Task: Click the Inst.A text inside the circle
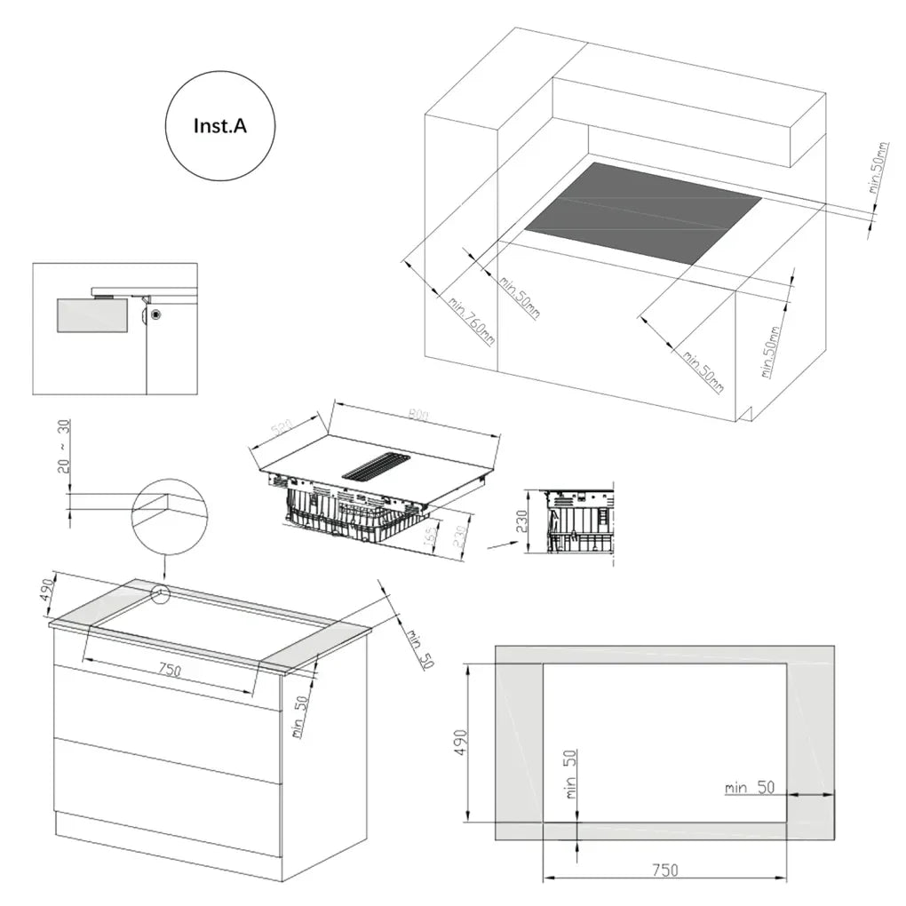pyautogui.click(x=219, y=126)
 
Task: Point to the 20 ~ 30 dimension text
pyautogui.click(x=64, y=447)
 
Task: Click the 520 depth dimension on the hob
pyautogui.click(x=282, y=430)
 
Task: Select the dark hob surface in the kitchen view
pyautogui.click(x=642, y=212)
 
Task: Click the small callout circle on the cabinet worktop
pyautogui.click(x=161, y=594)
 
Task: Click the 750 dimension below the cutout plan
pyautogui.click(x=665, y=870)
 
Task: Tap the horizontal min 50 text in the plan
pyautogui.click(x=750, y=787)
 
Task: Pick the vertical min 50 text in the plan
pyautogui.click(x=570, y=774)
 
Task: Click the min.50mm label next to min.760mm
pyautogui.click(x=519, y=298)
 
